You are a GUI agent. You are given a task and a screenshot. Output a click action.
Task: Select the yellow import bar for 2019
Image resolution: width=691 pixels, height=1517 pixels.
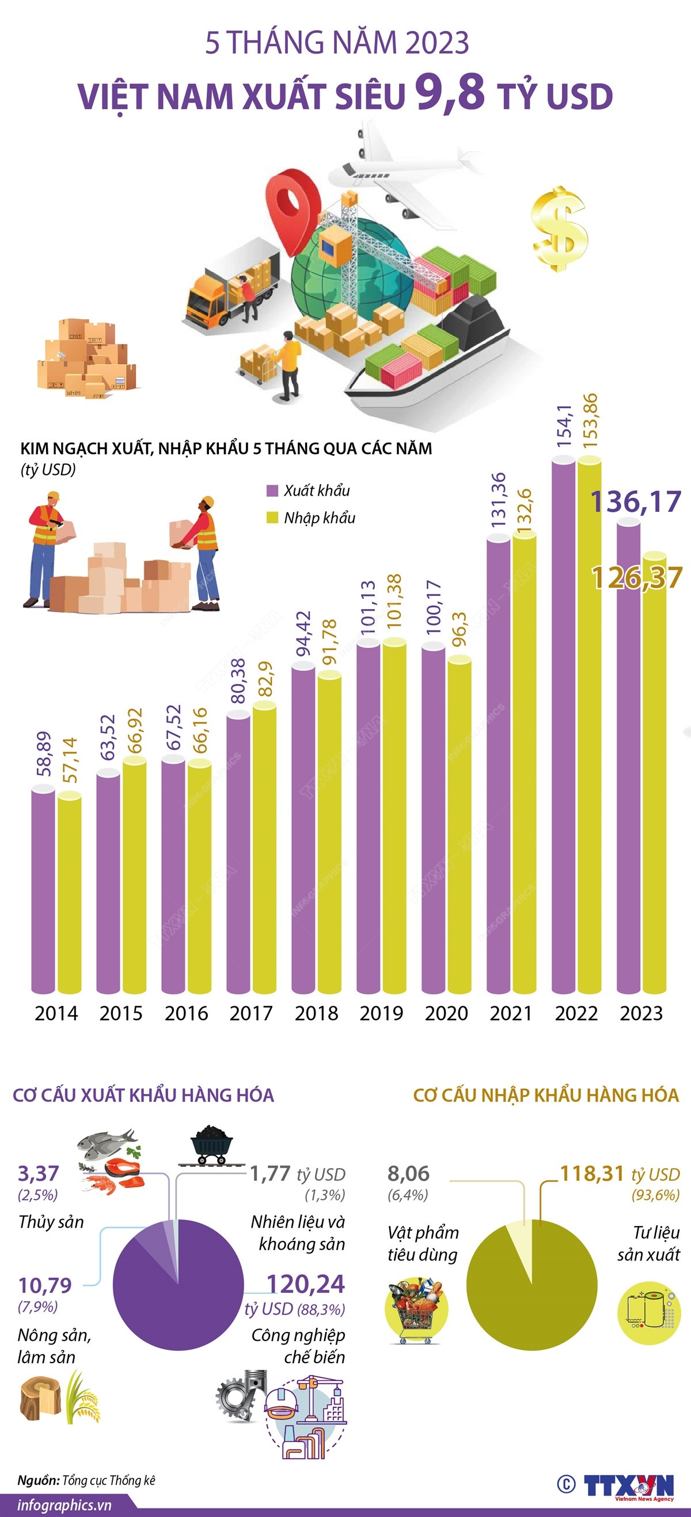[394, 818]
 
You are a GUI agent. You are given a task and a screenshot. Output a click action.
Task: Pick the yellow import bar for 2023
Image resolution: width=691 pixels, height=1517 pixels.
[655, 778]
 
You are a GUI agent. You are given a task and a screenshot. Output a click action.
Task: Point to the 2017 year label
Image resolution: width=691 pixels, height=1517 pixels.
[251, 1013]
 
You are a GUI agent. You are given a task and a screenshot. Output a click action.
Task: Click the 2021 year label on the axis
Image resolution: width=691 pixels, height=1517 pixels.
[511, 1013]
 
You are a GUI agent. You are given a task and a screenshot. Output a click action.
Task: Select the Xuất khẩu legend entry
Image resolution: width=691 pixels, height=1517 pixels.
[309, 490]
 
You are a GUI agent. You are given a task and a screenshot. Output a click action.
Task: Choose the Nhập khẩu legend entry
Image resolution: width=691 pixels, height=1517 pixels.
[312, 518]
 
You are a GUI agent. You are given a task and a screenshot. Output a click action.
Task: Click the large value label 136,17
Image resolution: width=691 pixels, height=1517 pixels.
[636, 502]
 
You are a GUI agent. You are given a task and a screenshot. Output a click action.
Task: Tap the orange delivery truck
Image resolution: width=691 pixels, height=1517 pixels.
[233, 286]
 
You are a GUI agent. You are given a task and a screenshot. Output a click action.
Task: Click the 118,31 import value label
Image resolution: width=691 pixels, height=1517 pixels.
[591, 1173]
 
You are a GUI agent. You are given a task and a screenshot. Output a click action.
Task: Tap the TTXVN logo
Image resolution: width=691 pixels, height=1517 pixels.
[628, 1485]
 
